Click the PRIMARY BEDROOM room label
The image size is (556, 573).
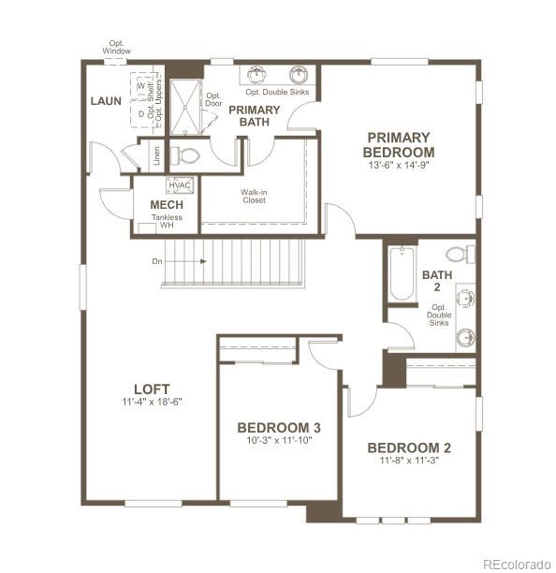pyautogui.click(x=400, y=144)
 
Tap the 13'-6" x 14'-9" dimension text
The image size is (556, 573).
pyautogui.click(x=400, y=165)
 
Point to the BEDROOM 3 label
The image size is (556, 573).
pyautogui.click(x=271, y=428)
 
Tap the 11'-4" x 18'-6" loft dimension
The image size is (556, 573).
pyautogui.click(x=151, y=402)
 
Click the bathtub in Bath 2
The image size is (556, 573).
pyautogui.click(x=402, y=273)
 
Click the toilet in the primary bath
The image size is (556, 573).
pyautogui.click(x=188, y=155)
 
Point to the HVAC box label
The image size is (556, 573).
pyautogui.click(x=179, y=185)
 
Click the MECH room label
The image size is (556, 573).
pyautogui.click(x=167, y=205)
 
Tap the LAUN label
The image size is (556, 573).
pyautogui.click(x=106, y=100)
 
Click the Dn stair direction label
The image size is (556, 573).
pyautogui.click(x=156, y=261)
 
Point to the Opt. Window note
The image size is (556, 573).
pyautogui.click(x=117, y=46)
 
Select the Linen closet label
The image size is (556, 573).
pyautogui.click(x=155, y=156)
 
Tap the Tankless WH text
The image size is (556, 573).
pyautogui.click(x=167, y=222)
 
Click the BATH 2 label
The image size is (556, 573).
pyautogui.click(x=437, y=281)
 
